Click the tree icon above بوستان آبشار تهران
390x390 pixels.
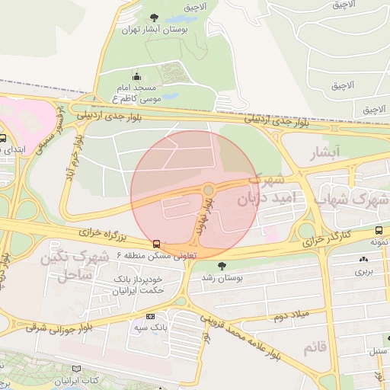click(155, 17)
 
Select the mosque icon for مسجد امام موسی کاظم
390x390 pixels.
click(136, 76)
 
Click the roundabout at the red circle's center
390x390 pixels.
click(208, 190)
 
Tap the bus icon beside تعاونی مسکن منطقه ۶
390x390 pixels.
click(156, 244)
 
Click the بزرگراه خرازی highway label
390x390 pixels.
click(98, 237)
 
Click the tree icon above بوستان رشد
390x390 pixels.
click(222, 266)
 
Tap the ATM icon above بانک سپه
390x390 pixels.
click(150, 316)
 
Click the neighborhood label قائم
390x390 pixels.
click(315, 348)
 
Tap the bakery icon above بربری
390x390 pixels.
click(362, 259)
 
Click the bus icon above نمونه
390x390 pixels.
click(379, 230)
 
